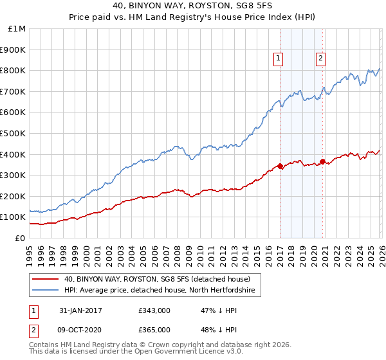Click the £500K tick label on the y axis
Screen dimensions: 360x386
[13, 133]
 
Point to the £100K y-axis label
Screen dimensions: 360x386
[13, 217]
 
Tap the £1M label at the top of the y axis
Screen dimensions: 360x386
[17, 28]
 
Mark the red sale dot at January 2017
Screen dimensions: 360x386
[280, 166]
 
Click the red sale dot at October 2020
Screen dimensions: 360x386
[322, 161]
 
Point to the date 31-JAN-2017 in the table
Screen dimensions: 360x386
[80, 310]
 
